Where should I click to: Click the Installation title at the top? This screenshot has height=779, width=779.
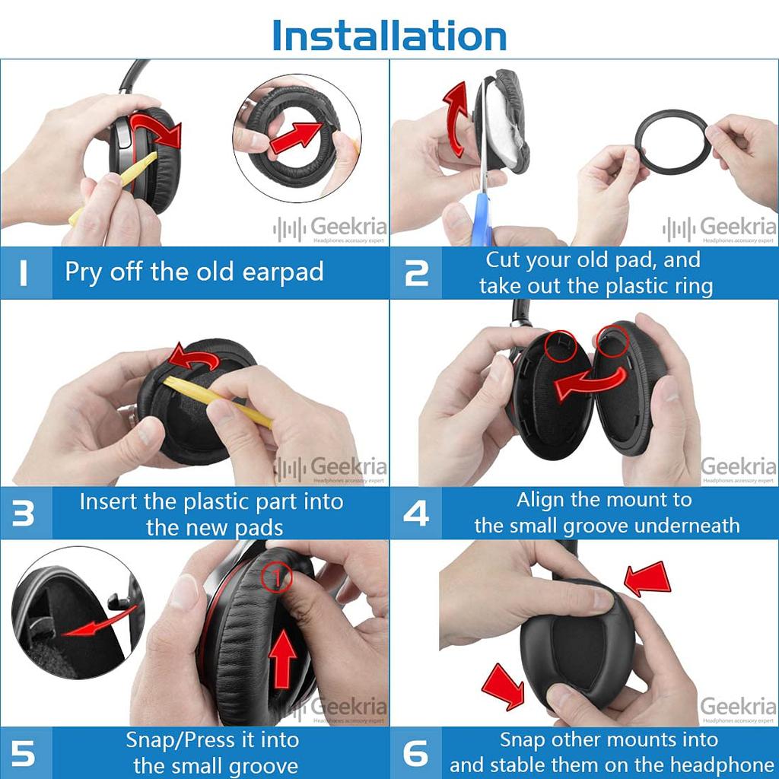(x=389, y=35)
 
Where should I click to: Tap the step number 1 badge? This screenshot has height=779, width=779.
(x=24, y=272)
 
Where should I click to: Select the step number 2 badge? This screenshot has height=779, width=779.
(x=416, y=272)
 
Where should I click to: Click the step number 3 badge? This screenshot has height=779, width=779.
(x=24, y=514)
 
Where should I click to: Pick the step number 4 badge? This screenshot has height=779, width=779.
(x=416, y=514)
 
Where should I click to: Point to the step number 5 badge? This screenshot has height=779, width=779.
(x=24, y=753)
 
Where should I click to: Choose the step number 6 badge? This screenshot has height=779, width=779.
(x=416, y=753)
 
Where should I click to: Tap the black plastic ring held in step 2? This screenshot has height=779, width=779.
(x=672, y=140)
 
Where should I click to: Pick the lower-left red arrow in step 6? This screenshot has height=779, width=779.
(x=504, y=684)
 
